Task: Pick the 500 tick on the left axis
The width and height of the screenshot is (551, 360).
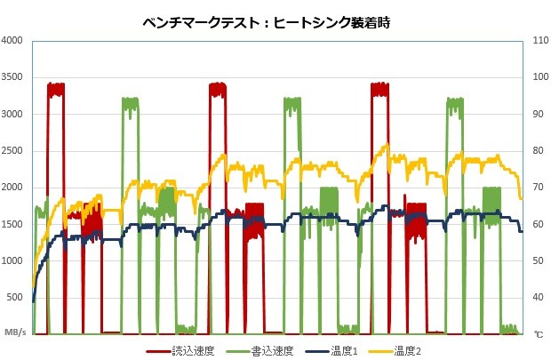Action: click(17, 297)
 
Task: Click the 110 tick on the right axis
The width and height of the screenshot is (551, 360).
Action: click(537, 41)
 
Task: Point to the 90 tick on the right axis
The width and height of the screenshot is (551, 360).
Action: click(535, 114)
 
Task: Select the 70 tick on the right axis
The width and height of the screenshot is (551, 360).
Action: click(535, 188)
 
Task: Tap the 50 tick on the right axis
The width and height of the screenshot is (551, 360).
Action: click(535, 261)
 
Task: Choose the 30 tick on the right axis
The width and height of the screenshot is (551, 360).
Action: click(535, 334)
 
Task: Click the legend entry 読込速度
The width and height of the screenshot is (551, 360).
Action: click(189, 351)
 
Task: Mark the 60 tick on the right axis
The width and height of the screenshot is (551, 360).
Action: click(535, 224)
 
